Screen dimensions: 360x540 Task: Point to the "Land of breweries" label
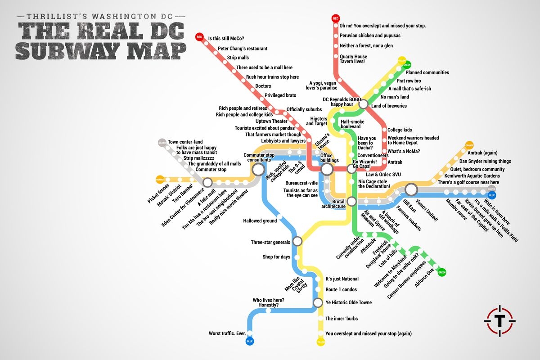point(389,106)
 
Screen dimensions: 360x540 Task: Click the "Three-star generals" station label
point(270,243)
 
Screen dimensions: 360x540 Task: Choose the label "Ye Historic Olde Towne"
point(349,302)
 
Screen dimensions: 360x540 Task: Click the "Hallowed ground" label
point(260,221)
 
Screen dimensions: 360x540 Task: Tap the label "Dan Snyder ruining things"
point(485,161)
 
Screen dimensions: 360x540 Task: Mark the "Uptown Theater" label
point(271,121)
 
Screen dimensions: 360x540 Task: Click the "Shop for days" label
point(276,257)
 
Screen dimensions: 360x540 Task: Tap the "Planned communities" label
point(427,72)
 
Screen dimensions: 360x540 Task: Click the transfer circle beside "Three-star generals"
point(297,242)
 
